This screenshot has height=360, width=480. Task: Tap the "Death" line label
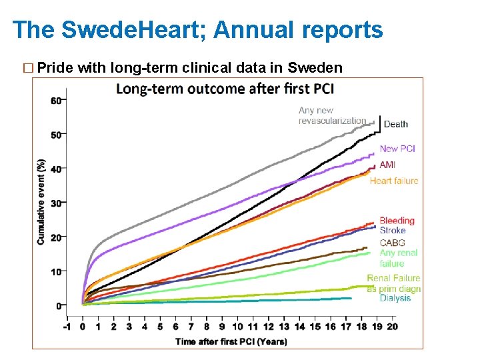pos(396,124)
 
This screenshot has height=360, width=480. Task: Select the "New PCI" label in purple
pos(397,149)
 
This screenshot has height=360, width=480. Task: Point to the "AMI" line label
pos(387,165)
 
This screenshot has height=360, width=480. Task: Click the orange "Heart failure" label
pos(394,181)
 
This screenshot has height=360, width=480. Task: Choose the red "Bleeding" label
pos(397,221)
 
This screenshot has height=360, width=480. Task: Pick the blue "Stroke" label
pos(393,231)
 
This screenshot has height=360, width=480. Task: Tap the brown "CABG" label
pos(392,243)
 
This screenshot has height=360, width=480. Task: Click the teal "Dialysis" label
pos(395,298)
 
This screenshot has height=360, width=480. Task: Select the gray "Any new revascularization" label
pos(332,115)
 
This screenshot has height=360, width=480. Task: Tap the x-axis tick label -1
pos(66,327)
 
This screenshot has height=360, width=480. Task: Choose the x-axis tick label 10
pos(237,327)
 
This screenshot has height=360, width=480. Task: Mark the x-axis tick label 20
pos(392,327)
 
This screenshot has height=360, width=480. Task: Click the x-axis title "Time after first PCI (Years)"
pos(231,341)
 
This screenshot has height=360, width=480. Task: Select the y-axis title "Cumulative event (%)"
pos(41,202)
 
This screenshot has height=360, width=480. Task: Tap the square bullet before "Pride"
pos(27,68)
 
